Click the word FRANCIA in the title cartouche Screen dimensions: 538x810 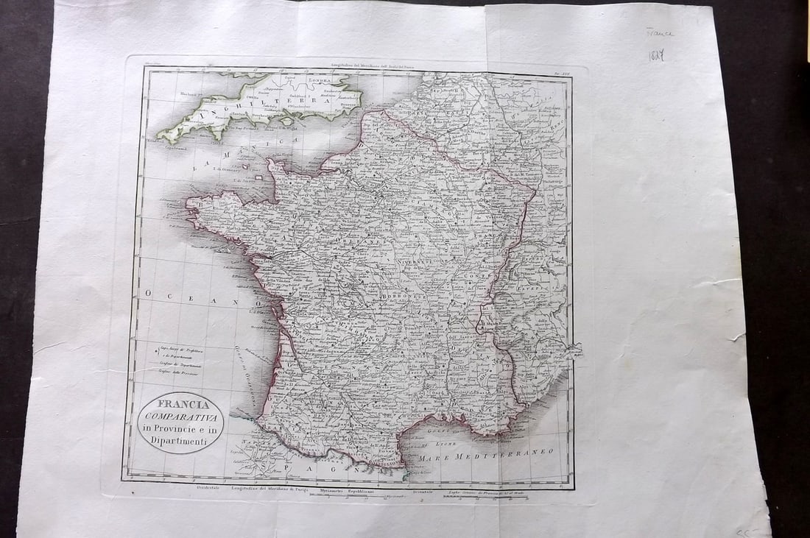180,403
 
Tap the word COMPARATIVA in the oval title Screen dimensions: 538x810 180,417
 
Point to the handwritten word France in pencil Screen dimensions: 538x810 659,33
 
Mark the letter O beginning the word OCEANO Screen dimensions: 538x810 148,294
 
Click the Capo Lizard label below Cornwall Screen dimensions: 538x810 174,146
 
